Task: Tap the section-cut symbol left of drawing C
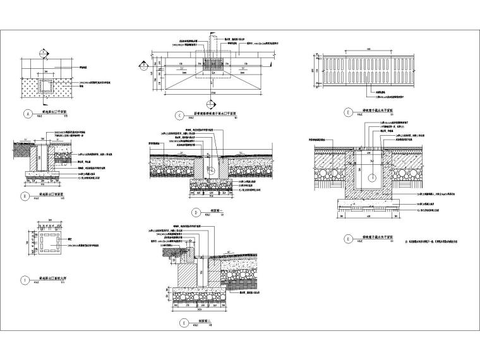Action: click(144, 64)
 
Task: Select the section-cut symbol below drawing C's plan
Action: click(210, 104)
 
